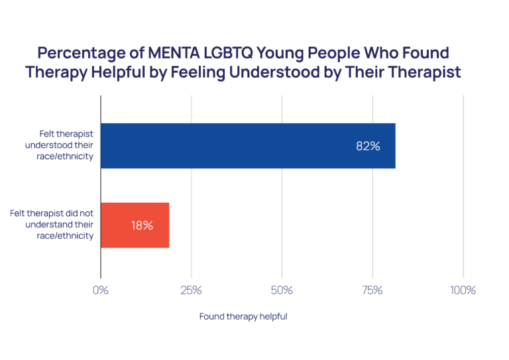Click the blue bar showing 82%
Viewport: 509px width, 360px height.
point(248,146)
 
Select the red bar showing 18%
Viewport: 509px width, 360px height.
point(135,225)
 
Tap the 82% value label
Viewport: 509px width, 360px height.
point(368,147)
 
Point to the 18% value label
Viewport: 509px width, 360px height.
point(142,225)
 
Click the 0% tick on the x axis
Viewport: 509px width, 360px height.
point(101,290)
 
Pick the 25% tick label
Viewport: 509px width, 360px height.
point(192,290)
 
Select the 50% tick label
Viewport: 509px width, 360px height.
point(282,290)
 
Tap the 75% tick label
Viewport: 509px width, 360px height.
point(372,290)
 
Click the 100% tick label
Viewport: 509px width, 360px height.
point(463,290)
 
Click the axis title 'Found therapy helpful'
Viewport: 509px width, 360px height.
point(243,317)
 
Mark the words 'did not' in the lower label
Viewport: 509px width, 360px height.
point(78,213)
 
